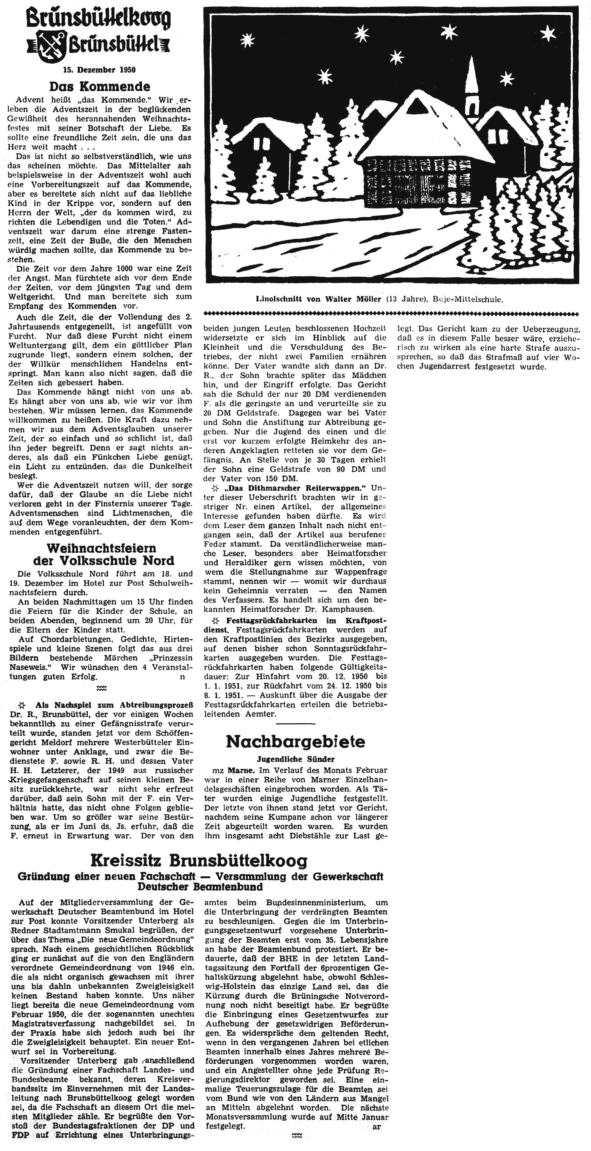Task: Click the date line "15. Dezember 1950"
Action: click(99, 70)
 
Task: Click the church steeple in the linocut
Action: click(471, 85)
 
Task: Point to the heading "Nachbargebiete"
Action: click(295, 741)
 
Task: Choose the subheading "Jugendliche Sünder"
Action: click(295, 759)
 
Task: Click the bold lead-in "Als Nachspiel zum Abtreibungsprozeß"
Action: click(114, 705)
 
